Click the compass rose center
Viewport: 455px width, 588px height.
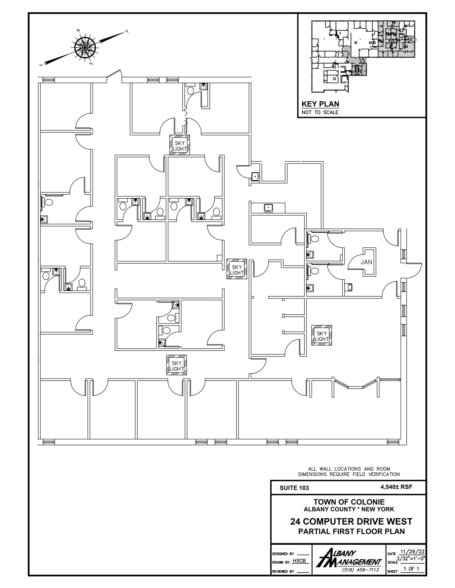click(x=85, y=47)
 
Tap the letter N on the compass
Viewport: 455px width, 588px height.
click(x=126, y=31)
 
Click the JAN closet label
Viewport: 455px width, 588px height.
click(x=366, y=262)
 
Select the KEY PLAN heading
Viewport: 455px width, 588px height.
click(x=320, y=104)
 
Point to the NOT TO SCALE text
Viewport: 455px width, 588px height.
click(x=320, y=112)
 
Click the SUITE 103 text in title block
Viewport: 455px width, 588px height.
click(x=294, y=488)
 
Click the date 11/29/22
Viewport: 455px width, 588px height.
click(x=412, y=552)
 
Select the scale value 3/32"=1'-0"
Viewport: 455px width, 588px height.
click(x=411, y=558)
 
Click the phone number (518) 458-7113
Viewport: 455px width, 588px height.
click(x=360, y=570)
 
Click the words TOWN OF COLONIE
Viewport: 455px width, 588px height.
click(x=349, y=502)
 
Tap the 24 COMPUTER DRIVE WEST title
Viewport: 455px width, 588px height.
click(x=351, y=521)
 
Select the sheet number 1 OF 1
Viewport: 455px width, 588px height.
click(x=411, y=568)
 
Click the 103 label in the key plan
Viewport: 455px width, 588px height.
click(x=393, y=41)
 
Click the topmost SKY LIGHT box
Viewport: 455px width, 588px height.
click(x=180, y=146)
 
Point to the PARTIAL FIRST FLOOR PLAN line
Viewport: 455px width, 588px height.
click(x=351, y=531)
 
